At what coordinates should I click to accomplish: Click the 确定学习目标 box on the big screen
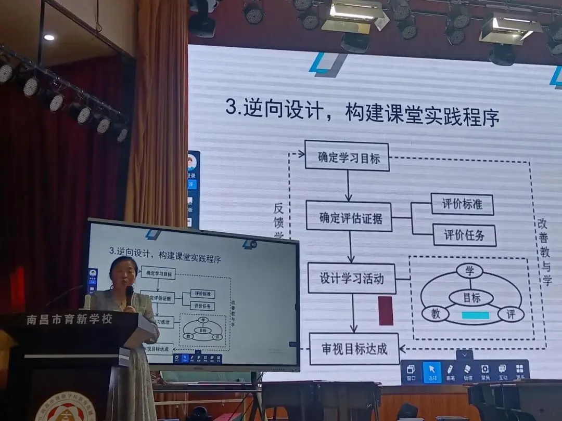click(x=347, y=155)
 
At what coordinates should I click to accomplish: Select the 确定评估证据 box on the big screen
click(x=349, y=216)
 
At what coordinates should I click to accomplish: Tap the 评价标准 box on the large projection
click(x=462, y=204)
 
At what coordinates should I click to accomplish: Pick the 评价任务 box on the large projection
click(x=464, y=235)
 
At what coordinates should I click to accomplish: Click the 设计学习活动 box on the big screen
click(x=351, y=278)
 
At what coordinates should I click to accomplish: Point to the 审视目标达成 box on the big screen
click(x=354, y=348)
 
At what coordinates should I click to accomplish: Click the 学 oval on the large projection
click(x=469, y=271)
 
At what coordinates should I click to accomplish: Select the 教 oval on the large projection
click(x=435, y=314)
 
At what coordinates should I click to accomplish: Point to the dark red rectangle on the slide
click(x=386, y=311)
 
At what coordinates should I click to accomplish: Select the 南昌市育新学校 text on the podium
click(x=69, y=319)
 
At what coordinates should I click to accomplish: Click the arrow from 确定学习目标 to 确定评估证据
click(x=348, y=185)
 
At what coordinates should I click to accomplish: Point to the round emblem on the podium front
click(x=69, y=408)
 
